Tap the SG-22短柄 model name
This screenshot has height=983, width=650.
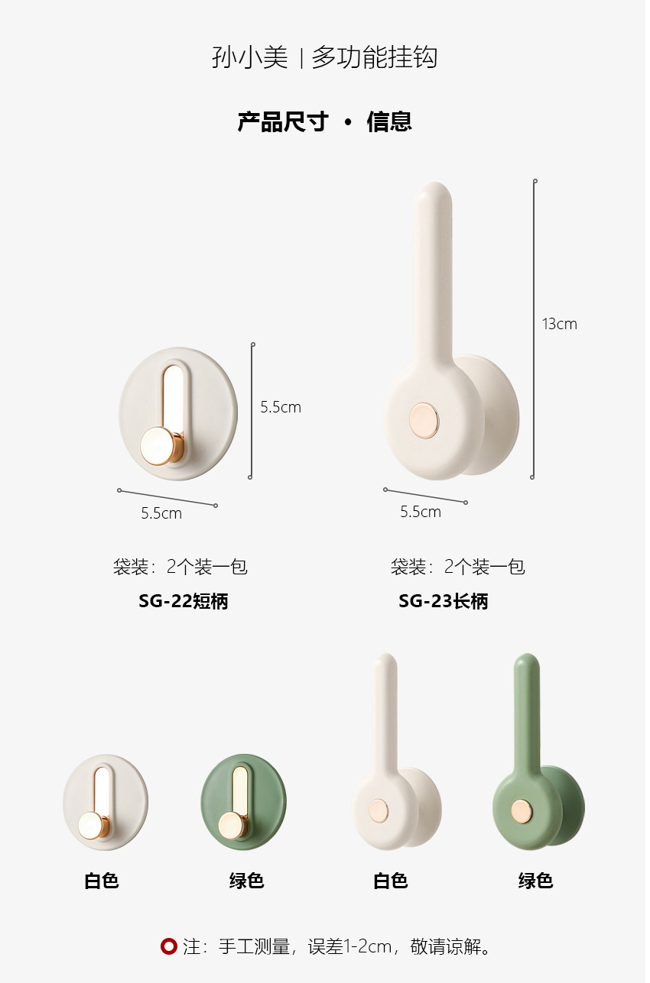(x=184, y=601)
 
